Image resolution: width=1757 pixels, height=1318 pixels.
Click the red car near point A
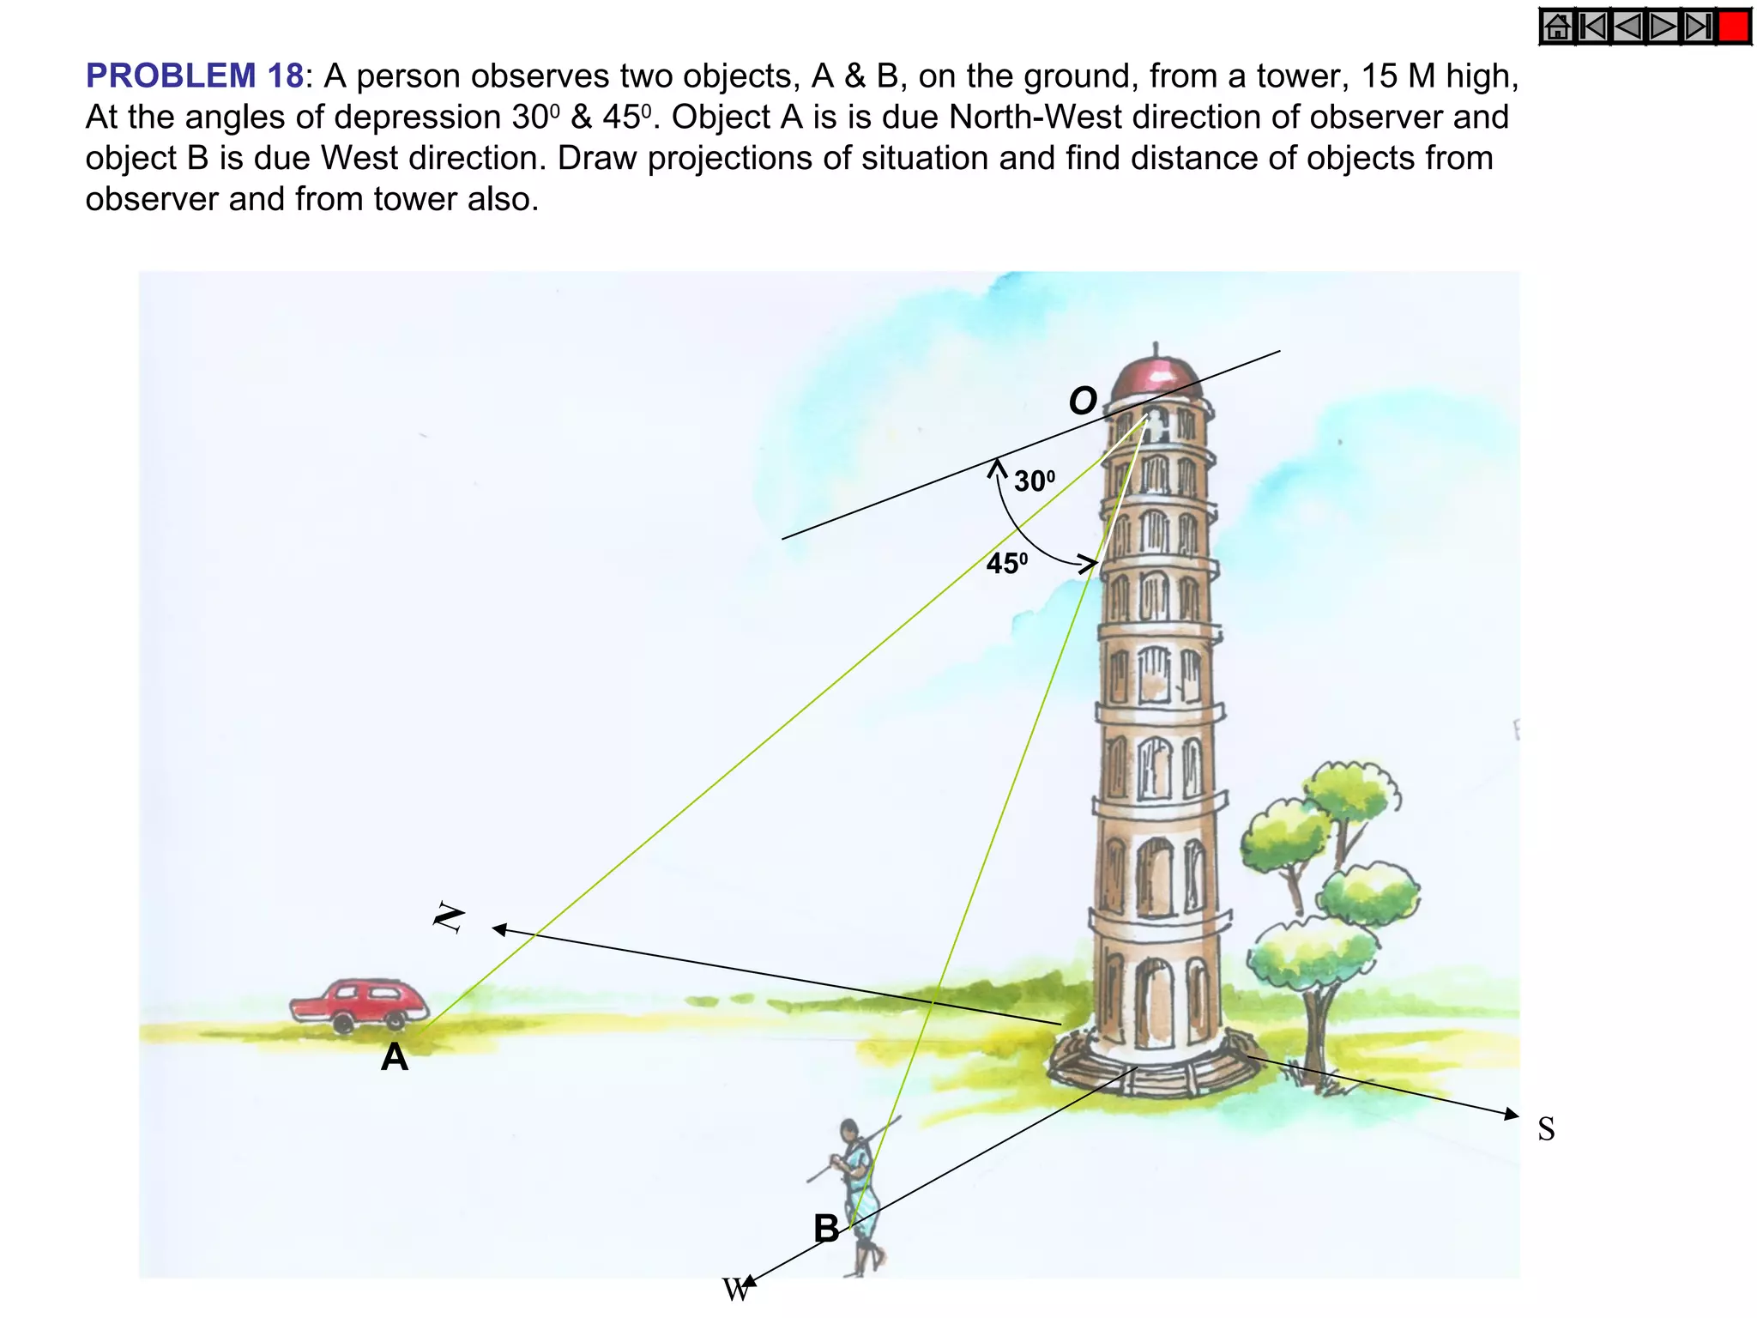[x=359, y=1003]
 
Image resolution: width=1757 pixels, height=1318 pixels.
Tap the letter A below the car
[x=395, y=1057]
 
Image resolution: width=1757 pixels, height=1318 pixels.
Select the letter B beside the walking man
[x=826, y=1229]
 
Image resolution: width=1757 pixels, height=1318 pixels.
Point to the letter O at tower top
[x=1083, y=401]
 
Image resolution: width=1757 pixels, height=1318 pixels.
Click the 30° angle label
[x=1034, y=481]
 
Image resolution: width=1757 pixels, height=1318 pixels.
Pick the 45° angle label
[x=1006, y=564]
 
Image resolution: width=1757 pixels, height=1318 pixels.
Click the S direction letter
[x=1546, y=1129]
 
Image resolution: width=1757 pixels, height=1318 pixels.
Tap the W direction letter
[x=735, y=1291]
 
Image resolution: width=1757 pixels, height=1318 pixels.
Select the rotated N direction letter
[x=449, y=918]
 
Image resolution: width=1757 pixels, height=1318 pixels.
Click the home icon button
[x=1558, y=27]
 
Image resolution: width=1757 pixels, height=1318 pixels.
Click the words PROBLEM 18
[x=194, y=76]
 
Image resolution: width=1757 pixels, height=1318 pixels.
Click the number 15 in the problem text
[x=1380, y=76]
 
